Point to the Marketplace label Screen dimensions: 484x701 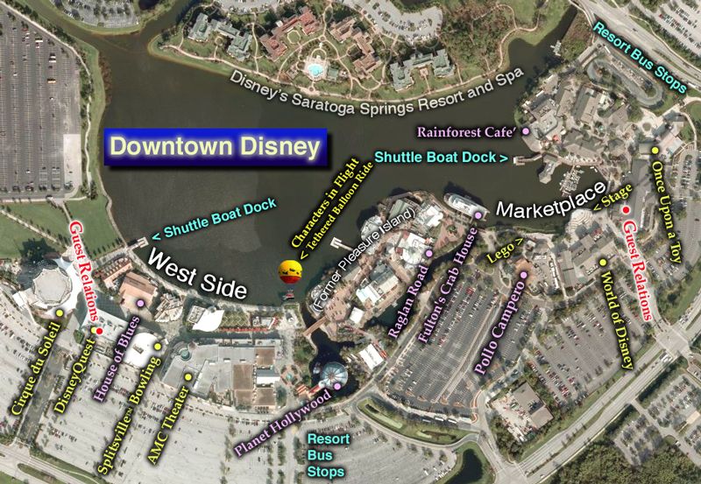(551, 200)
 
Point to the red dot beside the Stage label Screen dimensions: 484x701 (625, 211)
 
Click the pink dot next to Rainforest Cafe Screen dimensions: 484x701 (526, 131)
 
